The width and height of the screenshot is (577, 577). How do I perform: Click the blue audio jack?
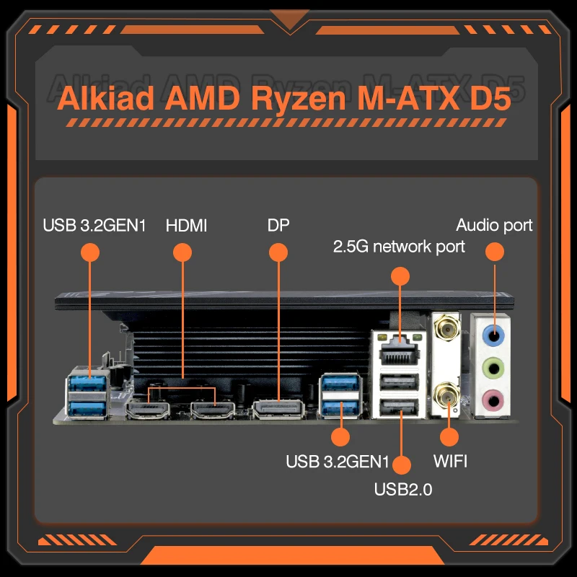pyautogui.click(x=494, y=333)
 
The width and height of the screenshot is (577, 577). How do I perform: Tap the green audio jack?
pyautogui.click(x=494, y=366)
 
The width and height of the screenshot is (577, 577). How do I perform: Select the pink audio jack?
pyautogui.click(x=494, y=399)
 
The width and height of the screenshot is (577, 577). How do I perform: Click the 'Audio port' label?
pyautogui.click(x=494, y=225)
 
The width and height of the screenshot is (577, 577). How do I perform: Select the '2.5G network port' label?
pyautogui.click(x=398, y=247)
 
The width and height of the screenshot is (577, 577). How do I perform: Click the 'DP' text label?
pyautogui.click(x=278, y=225)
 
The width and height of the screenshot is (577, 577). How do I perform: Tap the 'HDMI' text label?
pyautogui.click(x=186, y=225)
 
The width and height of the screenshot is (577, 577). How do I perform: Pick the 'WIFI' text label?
pyautogui.click(x=449, y=460)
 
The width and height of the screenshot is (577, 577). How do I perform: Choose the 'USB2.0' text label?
pyautogui.click(x=402, y=490)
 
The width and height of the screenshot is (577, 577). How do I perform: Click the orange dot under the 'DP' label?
pyautogui.click(x=278, y=252)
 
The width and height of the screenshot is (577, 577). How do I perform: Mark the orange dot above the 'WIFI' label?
pyautogui.click(x=449, y=436)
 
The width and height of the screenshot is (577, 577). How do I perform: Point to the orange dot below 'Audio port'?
pyautogui.click(x=494, y=252)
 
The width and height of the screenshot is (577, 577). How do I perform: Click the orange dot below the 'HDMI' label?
pyautogui.click(x=182, y=252)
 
